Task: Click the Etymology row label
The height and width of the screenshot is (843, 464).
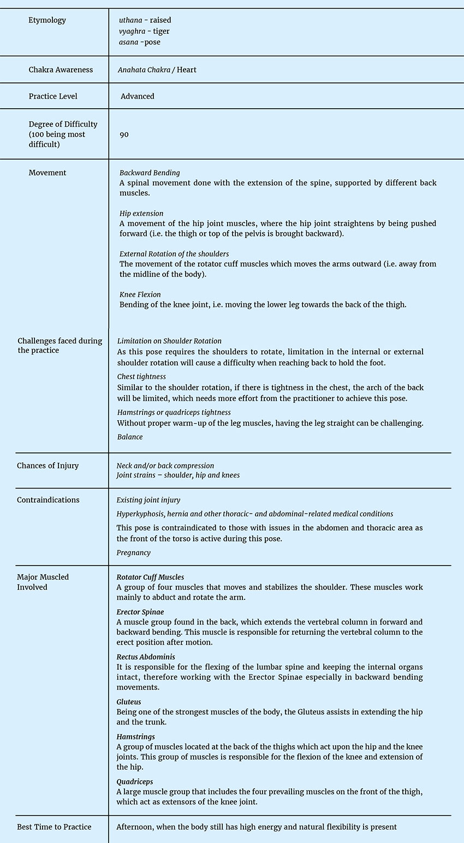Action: (x=47, y=20)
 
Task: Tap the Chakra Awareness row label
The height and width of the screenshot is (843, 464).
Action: (x=61, y=70)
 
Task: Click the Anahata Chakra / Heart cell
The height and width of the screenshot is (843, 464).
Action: (x=157, y=70)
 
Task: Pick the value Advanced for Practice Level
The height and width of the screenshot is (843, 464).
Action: (x=138, y=96)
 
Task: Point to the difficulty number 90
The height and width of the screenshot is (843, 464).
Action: (x=124, y=134)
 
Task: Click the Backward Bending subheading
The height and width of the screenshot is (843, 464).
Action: (x=150, y=173)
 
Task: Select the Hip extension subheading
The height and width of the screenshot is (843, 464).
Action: (x=141, y=214)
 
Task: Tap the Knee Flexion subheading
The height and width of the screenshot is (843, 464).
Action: (x=140, y=294)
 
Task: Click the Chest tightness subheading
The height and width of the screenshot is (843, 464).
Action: (x=141, y=376)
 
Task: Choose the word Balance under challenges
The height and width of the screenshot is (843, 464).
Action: (x=130, y=437)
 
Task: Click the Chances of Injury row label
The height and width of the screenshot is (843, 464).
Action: (x=47, y=465)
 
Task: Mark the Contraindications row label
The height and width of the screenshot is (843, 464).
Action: (x=48, y=500)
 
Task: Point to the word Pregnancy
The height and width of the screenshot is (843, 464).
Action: (x=133, y=552)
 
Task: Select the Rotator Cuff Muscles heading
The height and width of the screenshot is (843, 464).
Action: (x=150, y=577)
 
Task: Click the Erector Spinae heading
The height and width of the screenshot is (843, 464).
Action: (x=140, y=612)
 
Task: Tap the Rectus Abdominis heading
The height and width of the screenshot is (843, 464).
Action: (x=146, y=657)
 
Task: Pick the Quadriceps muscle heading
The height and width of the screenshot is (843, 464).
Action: (x=134, y=782)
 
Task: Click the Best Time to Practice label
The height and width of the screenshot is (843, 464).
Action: (x=54, y=827)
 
